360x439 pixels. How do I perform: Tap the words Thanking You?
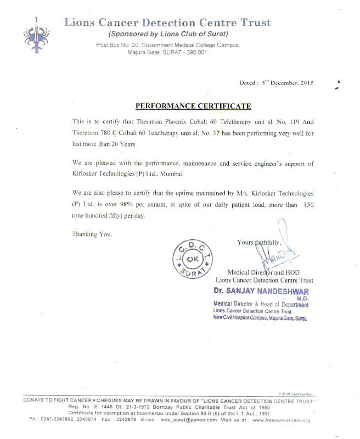92,234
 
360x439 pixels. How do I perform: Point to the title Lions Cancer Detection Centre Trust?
167,22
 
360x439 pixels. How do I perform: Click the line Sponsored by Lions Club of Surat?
167,34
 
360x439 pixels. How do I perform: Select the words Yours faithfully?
259,242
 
